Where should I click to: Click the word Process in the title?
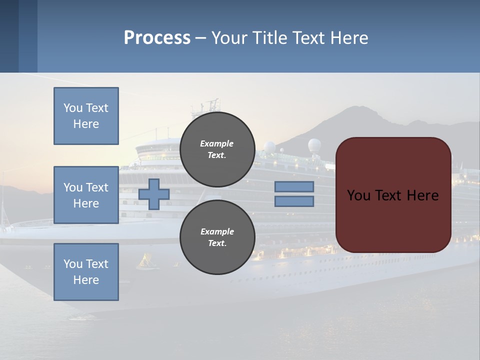[x=157, y=38]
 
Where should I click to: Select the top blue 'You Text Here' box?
[x=86, y=116]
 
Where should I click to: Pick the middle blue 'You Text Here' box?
[x=86, y=195]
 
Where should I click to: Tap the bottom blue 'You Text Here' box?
[x=86, y=272]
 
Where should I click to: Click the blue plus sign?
[x=154, y=194]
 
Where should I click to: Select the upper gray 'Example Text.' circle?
[x=217, y=149]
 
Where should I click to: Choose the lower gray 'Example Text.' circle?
[x=217, y=237]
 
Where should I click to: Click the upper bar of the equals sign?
[x=294, y=187]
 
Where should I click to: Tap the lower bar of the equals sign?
[x=294, y=201]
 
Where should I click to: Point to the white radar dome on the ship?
[x=314, y=145]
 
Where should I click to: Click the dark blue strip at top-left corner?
[x=9, y=36]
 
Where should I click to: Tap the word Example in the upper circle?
[x=216, y=143]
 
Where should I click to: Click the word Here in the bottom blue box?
[x=86, y=280]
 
